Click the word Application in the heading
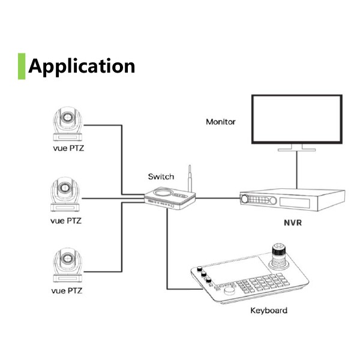(82, 65)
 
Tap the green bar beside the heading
(22, 65)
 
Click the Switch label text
(161, 176)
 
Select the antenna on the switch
(190, 179)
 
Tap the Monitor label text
(221, 121)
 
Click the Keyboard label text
(268, 310)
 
